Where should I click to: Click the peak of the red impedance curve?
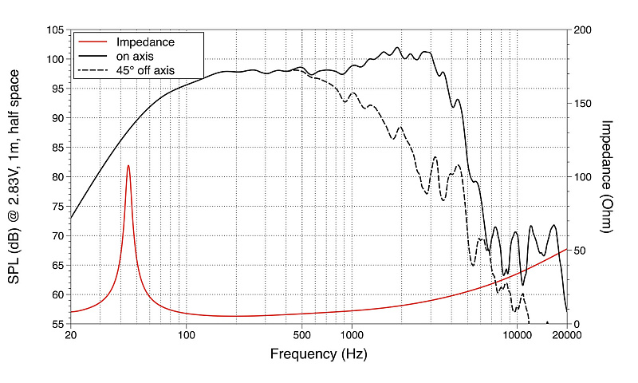tap(128, 166)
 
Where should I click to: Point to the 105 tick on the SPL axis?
tap(56, 30)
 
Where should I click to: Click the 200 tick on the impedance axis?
tap(582, 30)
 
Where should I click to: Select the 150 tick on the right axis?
tap(582, 103)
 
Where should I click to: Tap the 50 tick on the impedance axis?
tap(580, 251)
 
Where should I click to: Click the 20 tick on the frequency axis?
tap(70, 335)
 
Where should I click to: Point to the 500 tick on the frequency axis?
tap(301, 335)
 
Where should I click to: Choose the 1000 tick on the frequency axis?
tap(351, 335)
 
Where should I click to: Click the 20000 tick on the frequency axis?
tap(567, 335)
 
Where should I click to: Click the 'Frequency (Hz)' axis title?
tap(318, 353)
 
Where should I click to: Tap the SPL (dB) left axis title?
tap(18, 176)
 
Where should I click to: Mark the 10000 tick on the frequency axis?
tap(517, 335)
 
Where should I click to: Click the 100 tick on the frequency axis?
tap(186, 335)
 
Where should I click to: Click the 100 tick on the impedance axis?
tap(582, 177)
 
